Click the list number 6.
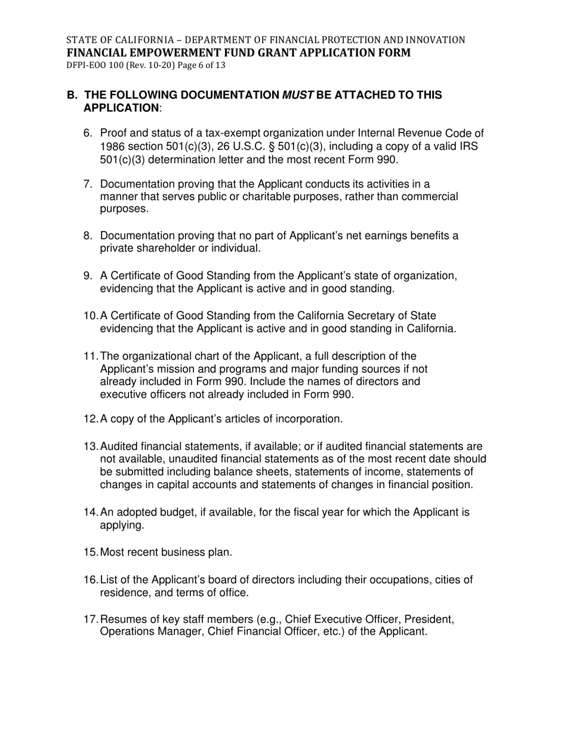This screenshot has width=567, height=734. (x=87, y=133)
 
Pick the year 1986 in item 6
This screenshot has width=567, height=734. (x=112, y=146)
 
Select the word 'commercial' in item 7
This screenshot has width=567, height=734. (x=432, y=197)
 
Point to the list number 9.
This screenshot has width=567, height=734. (x=87, y=276)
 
